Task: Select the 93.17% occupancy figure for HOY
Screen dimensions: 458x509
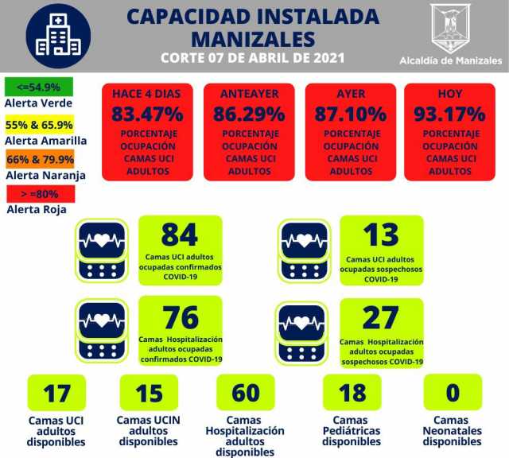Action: (x=449, y=114)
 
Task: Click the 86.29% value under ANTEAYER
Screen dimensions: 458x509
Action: (x=249, y=114)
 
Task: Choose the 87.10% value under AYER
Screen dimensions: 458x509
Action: (x=351, y=114)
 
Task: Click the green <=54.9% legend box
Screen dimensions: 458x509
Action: (x=38, y=87)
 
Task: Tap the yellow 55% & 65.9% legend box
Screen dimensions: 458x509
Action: (x=39, y=125)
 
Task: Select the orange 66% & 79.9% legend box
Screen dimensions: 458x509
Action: (x=39, y=159)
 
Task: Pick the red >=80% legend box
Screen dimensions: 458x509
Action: (x=39, y=193)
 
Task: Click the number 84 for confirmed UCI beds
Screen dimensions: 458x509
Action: (x=179, y=235)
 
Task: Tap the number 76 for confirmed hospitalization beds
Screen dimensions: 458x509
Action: (x=180, y=317)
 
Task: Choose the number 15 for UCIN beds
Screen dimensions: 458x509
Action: (x=149, y=394)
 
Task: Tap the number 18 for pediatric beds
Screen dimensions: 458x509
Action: (x=352, y=394)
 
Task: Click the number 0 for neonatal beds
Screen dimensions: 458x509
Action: (x=452, y=394)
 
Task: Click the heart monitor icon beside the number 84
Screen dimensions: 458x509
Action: (x=101, y=248)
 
